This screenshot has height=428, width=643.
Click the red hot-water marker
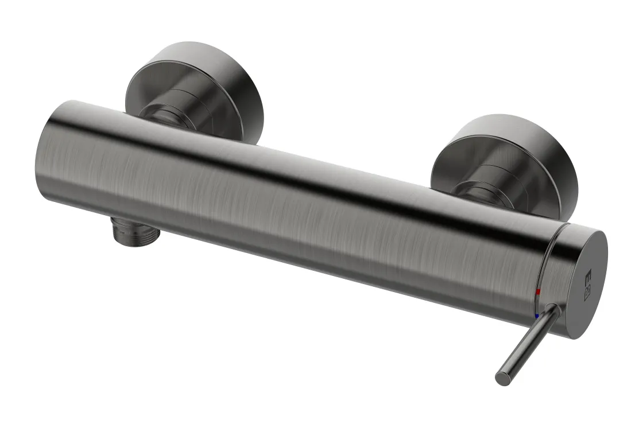538,293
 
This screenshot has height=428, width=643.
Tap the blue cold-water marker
536,316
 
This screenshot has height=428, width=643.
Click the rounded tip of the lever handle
502,379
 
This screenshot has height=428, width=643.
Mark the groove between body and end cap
550,270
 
